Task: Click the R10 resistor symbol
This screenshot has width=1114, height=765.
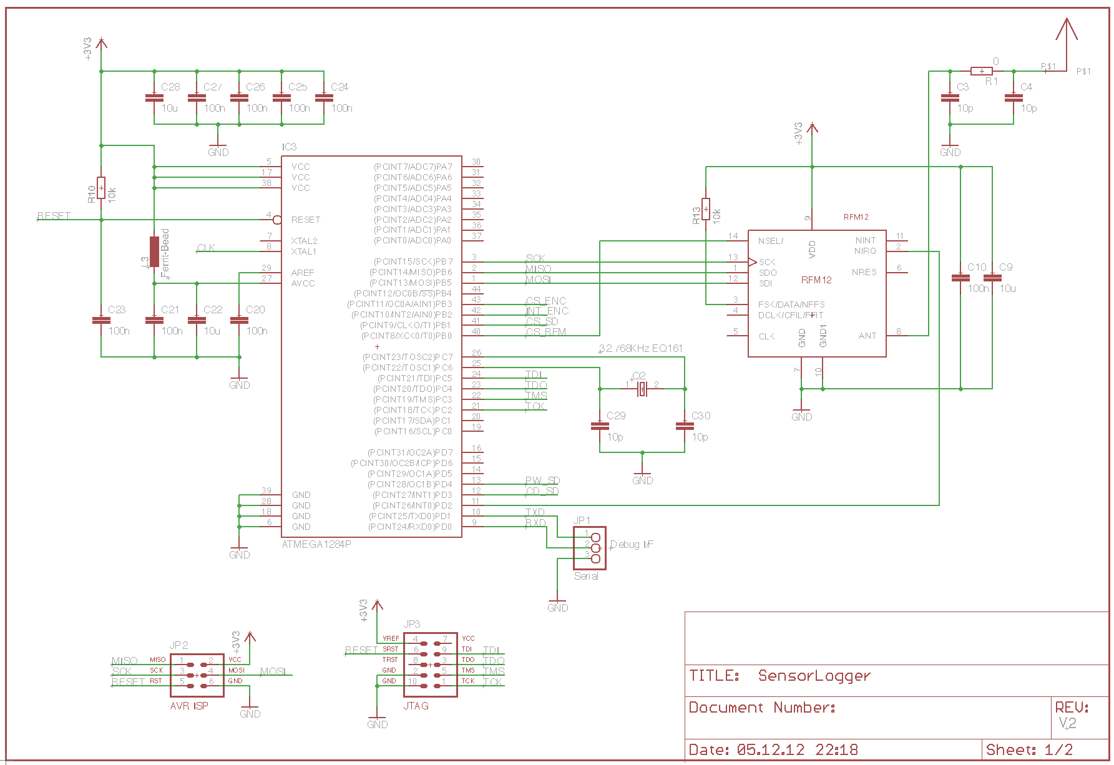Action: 101,187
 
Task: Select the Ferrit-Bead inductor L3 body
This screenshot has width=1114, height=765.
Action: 154,251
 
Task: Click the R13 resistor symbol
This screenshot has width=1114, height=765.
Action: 706,208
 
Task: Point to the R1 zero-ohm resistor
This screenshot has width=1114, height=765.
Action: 982,71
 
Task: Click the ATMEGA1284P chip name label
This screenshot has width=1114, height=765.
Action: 316,544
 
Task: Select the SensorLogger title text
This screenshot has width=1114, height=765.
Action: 814,676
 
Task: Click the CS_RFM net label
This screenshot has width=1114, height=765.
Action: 546,332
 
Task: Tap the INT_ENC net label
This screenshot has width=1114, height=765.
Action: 547,311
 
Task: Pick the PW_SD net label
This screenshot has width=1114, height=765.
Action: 542,480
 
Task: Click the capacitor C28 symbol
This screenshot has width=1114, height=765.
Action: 154,98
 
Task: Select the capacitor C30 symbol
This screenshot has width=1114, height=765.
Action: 685,426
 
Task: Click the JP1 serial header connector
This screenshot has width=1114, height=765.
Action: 590,548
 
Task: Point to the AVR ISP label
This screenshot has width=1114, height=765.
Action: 189,706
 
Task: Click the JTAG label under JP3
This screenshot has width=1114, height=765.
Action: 416,706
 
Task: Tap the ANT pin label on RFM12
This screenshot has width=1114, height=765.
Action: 867,336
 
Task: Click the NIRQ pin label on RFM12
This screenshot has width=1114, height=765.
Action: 865,251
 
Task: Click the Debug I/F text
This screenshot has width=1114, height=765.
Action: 632,544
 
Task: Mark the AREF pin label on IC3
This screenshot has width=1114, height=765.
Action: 303,273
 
